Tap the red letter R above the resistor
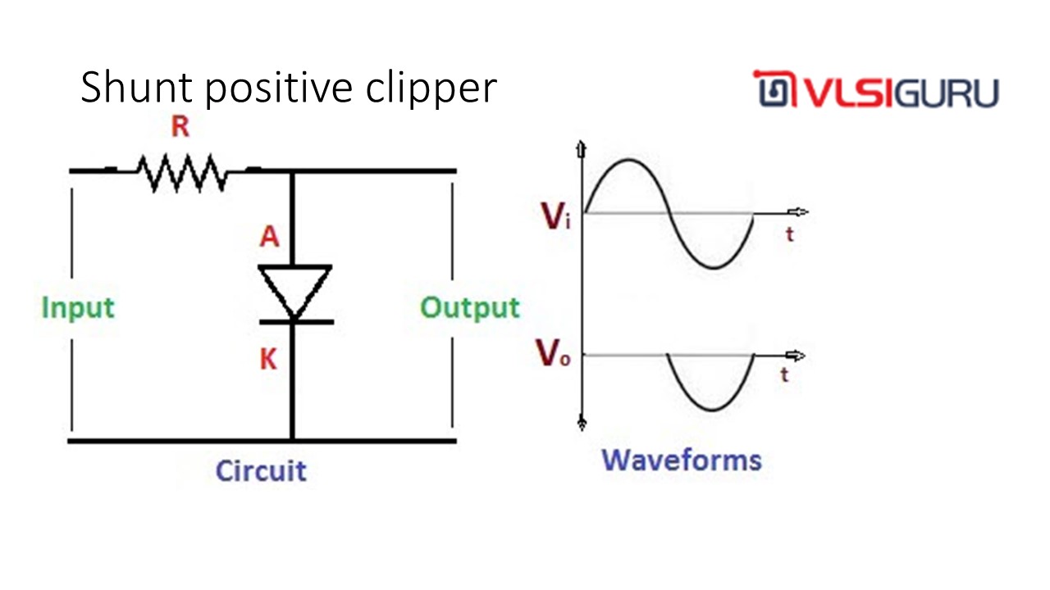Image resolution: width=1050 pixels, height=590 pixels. (x=180, y=128)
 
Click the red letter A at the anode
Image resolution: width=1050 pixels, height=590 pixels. (x=269, y=237)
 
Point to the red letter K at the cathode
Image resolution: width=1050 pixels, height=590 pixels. (x=268, y=359)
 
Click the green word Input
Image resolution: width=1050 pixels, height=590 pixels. (x=78, y=308)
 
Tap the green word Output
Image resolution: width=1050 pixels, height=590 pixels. (x=470, y=308)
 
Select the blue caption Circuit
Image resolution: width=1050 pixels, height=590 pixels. (x=260, y=471)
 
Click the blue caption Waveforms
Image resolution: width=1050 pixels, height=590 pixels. (x=682, y=460)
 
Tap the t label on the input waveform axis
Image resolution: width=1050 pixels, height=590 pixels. (x=789, y=235)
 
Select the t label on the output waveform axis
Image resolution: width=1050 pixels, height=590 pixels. (x=785, y=375)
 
